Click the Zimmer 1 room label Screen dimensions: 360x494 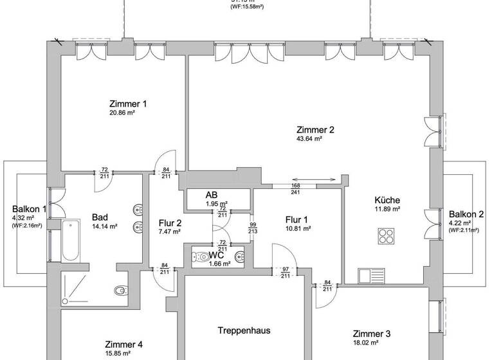click(128, 104)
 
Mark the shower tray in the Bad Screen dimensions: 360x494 click(77, 289)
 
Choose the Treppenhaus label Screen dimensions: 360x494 click(243, 331)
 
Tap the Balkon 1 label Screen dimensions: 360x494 click(29, 209)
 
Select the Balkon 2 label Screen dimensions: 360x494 click(466, 214)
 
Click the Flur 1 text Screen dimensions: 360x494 click(298, 219)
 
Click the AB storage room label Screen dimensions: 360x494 click(212, 195)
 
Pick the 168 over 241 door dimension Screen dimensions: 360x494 click(296, 188)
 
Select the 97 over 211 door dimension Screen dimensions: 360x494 click(284, 273)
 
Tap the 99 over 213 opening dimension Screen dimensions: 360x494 click(253, 227)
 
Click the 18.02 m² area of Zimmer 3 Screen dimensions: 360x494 click(371, 344)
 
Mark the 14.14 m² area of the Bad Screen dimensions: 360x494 click(105, 226)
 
